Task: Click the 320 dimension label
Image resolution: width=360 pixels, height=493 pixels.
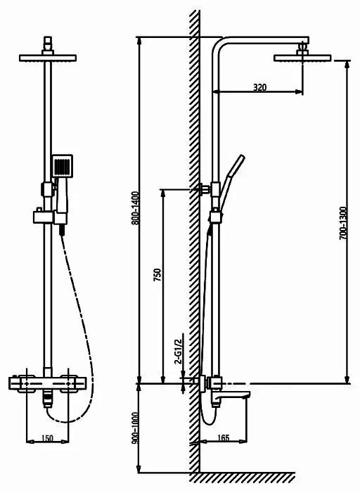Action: [x=259, y=87]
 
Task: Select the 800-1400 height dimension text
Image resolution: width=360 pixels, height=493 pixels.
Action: [x=135, y=208]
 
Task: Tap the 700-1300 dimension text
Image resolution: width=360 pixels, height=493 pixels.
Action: [x=343, y=223]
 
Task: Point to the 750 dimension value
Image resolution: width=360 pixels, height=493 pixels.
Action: [x=157, y=274]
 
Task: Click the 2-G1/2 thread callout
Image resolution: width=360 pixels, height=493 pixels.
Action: [x=179, y=351]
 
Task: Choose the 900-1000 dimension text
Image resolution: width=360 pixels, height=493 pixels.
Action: [x=135, y=428]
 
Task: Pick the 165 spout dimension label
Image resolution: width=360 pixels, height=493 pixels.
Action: [x=223, y=437]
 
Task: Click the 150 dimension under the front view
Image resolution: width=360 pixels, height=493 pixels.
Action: [x=47, y=438]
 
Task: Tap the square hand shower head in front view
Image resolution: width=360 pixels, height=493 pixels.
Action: [x=63, y=166]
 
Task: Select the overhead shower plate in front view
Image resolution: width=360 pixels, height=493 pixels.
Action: [x=48, y=58]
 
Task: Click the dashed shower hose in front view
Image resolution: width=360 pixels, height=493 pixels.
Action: [x=83, y=330]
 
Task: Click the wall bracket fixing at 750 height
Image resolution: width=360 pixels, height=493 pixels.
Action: [x=205, y=189]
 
